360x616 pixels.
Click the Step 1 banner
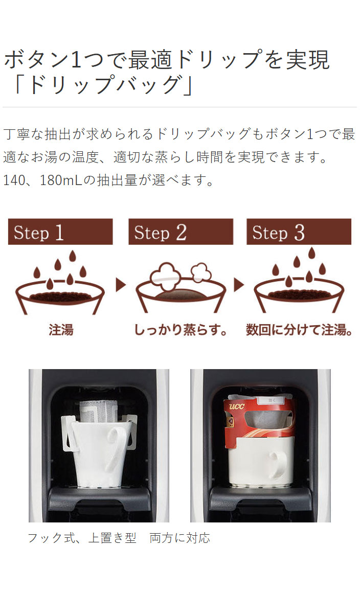(60, 232)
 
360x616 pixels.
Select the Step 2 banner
(181, 232)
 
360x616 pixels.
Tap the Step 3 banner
(299, 232)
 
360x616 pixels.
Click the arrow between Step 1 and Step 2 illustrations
(121, 285)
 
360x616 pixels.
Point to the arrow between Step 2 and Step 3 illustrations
(238, 285)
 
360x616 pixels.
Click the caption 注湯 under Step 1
(61, 330)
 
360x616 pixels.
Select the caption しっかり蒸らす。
(180, 330)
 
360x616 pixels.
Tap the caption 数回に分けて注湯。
(299, 330)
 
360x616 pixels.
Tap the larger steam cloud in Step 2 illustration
(166, 276)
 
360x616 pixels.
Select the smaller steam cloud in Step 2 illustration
(201, 272)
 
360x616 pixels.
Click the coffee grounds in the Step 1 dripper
(60, 296)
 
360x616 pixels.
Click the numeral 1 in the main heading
(76, 59)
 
